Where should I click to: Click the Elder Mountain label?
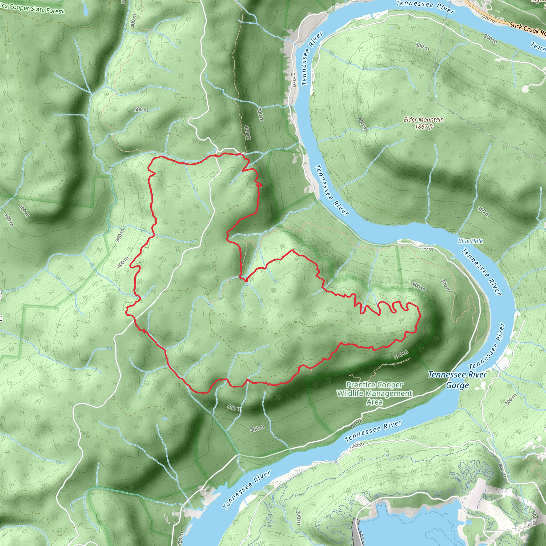(423, 119)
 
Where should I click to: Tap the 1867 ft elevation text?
(424, 127)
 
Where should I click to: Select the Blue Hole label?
(470, 241)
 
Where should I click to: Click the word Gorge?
(457, 385)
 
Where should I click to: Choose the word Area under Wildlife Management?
(375, 402)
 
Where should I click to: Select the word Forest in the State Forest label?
(55, 11)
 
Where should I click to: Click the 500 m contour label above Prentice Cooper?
(401, 354)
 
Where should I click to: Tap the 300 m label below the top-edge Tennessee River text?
(422, 46)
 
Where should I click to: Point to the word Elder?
(410, 119)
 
